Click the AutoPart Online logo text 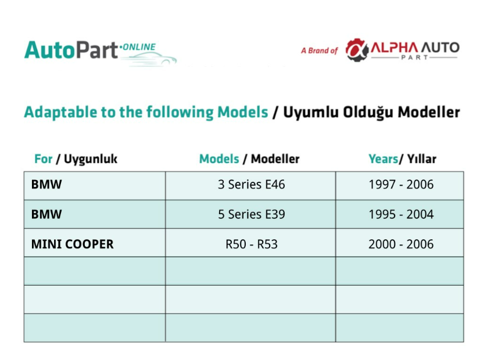90,50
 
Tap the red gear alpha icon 357,50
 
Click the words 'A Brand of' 320,51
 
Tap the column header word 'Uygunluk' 91,159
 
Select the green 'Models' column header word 219,159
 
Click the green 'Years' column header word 383,159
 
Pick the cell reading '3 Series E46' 251,185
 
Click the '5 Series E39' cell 251,214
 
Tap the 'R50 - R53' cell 251,244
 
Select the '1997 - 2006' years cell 401,185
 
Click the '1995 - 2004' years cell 401,214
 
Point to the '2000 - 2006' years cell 401,244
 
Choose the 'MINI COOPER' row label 72,244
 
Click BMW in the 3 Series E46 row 46,185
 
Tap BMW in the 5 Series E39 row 46,214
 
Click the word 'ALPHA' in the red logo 394,48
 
